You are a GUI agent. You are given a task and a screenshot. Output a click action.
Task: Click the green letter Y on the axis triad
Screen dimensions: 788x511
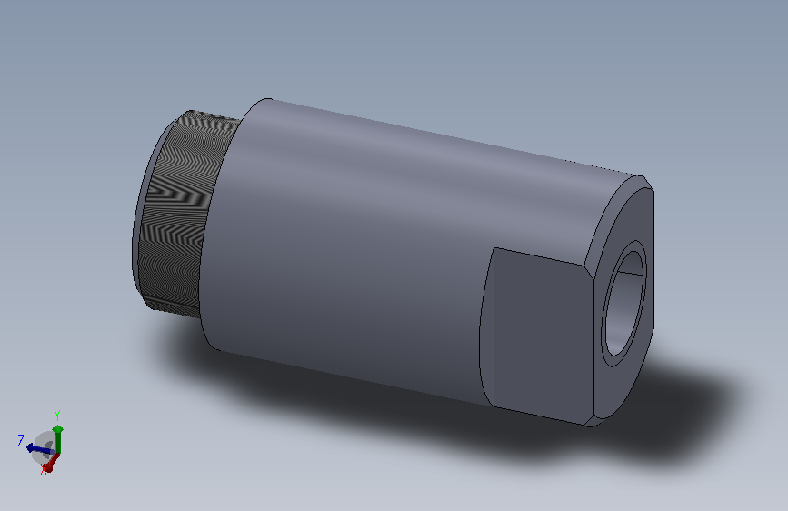57,416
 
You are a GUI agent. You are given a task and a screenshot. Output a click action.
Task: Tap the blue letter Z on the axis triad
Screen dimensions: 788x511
21,441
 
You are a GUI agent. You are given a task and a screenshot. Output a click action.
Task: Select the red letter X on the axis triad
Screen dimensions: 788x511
45,469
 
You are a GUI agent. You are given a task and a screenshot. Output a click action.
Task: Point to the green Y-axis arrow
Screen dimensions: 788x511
58,439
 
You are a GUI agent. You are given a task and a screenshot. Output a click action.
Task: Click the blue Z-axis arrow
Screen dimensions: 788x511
39,448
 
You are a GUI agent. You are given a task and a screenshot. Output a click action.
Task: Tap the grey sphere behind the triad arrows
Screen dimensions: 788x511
43,447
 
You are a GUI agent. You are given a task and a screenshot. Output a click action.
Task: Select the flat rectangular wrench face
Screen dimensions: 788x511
544,335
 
